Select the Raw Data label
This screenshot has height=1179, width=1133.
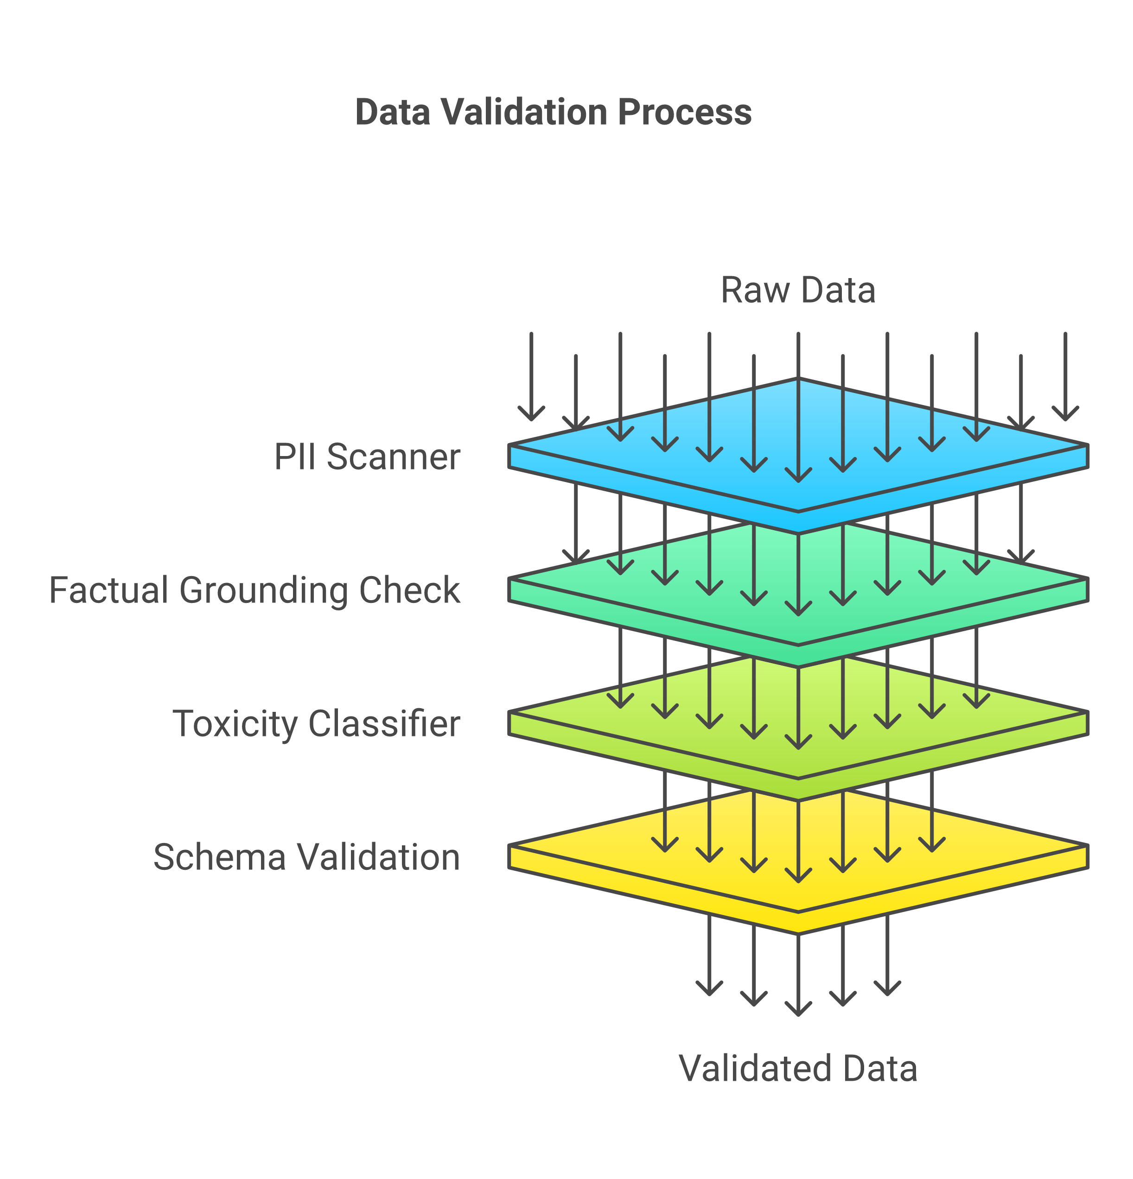click(x=798, y=291)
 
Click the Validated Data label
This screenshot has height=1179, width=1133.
click(x=798, y=1068)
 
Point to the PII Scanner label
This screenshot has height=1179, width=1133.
click(x=367, y=456)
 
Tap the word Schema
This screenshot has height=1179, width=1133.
click(x=220, y=857)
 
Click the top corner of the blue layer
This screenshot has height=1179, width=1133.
click(x=798, y=379)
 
